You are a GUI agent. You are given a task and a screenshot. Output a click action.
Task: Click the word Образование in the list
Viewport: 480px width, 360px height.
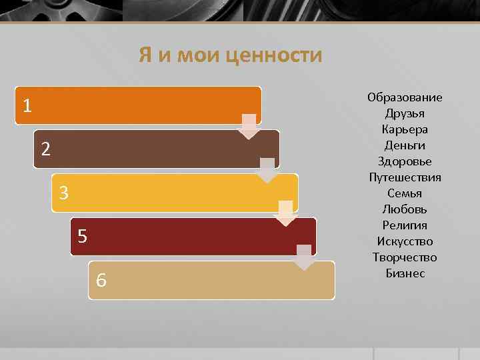click(x=405, y=97)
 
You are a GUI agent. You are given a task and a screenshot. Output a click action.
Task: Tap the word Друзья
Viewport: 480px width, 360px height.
click(x=405, y=113)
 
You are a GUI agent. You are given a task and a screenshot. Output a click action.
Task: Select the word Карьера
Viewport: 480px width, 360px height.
click(x=405, y=129)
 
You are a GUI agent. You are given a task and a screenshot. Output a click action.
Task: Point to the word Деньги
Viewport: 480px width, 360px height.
click(x=405, y=145)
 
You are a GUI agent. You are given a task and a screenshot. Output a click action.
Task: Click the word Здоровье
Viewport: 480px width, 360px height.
click(x=405, y=161)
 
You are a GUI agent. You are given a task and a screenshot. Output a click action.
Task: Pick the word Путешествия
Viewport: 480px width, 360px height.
click(x=405, y=177)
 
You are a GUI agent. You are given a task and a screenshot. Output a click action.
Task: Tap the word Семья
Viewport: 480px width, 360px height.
click(x=405, y=193)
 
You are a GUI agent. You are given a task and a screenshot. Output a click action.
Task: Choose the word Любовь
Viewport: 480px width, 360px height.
click(x=405, y=209)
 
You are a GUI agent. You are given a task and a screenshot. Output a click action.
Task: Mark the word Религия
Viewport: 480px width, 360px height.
click(x=405, y=225)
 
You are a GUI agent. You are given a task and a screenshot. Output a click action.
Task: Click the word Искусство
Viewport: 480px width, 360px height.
click(x=405, y=241)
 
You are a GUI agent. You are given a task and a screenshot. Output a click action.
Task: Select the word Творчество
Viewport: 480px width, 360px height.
click(x=405, y=257)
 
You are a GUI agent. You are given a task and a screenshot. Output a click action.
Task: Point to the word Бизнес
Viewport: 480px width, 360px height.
click(x=405, y=273)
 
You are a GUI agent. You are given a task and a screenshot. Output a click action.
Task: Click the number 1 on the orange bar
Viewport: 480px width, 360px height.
click(x=27, y=105)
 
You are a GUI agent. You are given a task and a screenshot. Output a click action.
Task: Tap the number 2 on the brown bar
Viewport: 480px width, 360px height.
click(x=45, y=149)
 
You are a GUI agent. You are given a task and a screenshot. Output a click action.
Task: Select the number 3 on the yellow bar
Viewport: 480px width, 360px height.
click(x=63, y=193)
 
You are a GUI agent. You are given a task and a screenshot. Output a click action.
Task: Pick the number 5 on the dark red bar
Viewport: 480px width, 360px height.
click(x=82, y=236)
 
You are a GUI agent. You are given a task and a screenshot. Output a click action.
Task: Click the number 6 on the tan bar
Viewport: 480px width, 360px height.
click(x=101, y=280)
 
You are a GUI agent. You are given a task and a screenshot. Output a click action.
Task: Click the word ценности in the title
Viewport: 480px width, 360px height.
click(x=274, y=55)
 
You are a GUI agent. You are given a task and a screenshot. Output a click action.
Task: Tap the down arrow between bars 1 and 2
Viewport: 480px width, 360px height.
click(x=249, y=127)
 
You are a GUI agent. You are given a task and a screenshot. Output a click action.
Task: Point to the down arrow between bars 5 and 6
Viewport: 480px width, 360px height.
click(x=304, y=257)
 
